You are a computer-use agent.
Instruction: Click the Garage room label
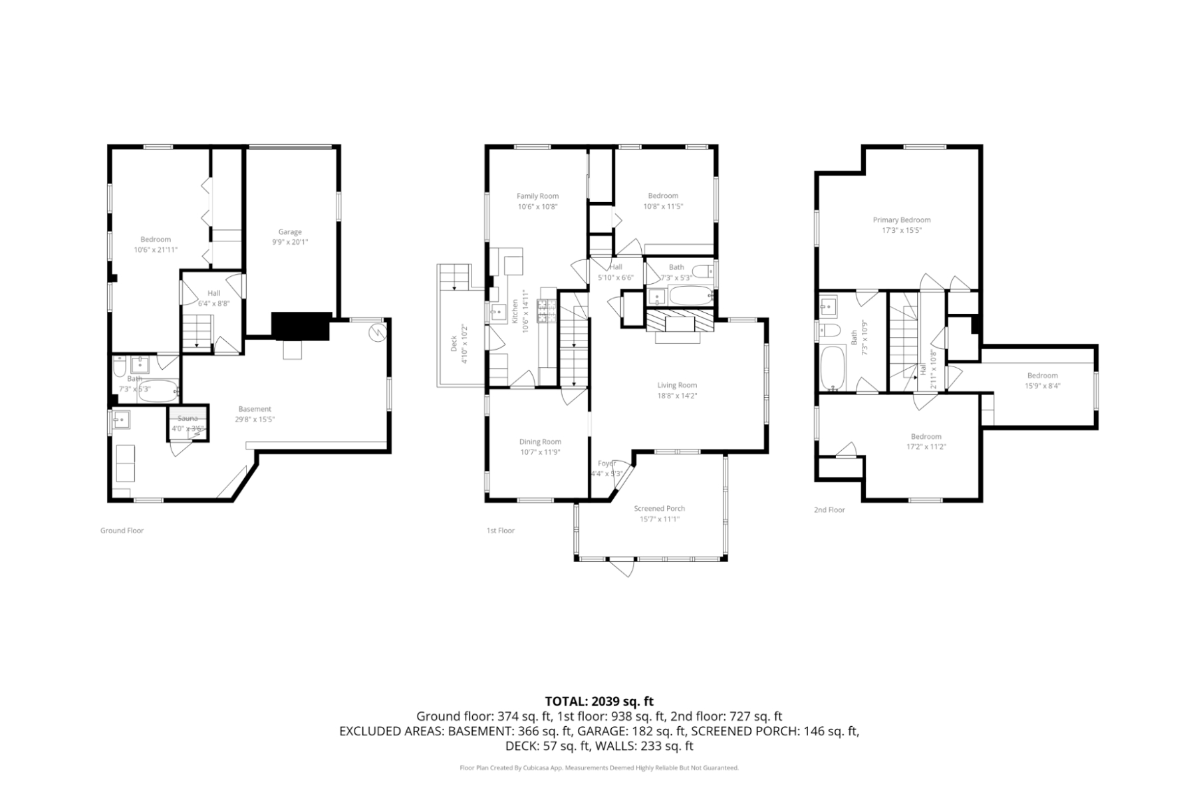point(290,232)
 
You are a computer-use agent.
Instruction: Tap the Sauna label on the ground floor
point(188,418)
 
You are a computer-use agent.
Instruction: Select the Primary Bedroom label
point(901,219)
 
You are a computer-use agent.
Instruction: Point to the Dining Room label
point(540,442)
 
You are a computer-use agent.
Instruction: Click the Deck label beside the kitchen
point(454,344)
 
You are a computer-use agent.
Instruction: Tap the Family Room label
point(537,196)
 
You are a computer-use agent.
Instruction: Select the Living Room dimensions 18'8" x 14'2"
point(677,396)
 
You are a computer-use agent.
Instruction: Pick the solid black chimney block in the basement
point(301,326)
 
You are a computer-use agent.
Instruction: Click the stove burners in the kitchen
point(546,311)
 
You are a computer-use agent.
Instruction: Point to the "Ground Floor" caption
point(122,531)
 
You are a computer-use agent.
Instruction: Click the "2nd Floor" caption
point(829,510)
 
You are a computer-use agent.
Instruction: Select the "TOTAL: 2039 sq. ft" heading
point(598,701)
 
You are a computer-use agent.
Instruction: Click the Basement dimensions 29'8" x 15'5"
point(255,420)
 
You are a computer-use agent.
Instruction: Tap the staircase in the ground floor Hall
point(198,331)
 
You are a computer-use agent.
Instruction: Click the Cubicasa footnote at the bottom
point(598,767)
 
